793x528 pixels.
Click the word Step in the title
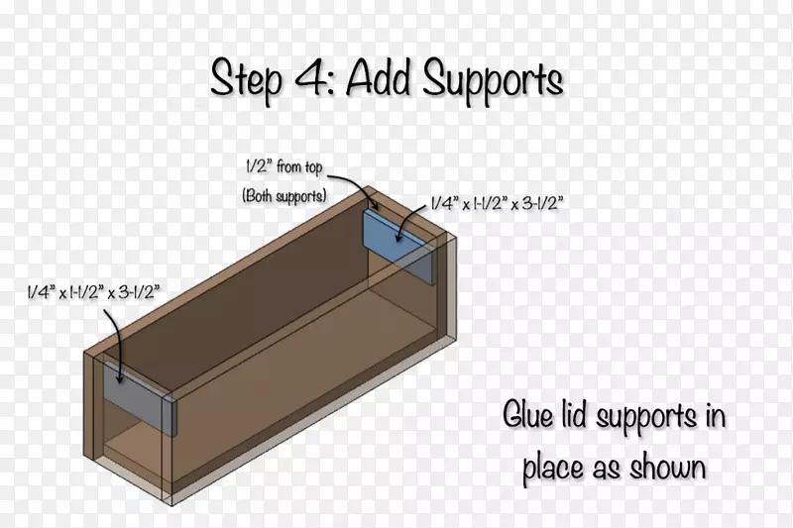246,80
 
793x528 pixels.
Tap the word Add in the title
378,78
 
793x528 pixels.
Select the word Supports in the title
493,81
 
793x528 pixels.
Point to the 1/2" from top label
283,166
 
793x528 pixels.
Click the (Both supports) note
284,195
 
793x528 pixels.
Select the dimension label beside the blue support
497,203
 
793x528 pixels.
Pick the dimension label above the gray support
94,292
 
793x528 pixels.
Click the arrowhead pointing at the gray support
119,378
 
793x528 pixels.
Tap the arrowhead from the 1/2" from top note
376,205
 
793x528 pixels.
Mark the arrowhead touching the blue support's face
399,237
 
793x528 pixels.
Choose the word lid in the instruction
574,415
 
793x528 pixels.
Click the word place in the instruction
554,468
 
